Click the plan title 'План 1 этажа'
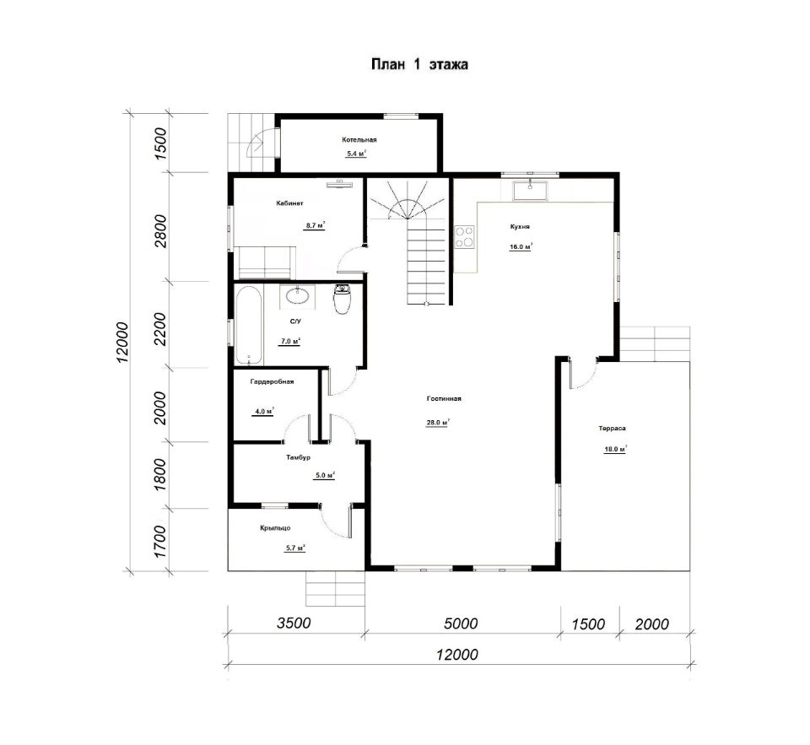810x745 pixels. coord(419,65)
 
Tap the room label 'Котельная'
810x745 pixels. coord(359,139)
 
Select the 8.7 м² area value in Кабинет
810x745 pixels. coord(315,225)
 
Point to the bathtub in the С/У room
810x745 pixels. coord(249,326)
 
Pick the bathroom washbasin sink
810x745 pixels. coord(298,296)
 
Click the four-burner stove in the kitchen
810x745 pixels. coord(464,237)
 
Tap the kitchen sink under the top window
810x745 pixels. coord(530,190)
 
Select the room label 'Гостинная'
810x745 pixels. coord(444,398)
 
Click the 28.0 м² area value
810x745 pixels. coord(437,422)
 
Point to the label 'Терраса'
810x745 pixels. coord(613,429)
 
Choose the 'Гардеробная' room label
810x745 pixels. coord(272,382)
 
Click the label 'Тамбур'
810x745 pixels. coord(298,457)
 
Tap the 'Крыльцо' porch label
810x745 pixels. coord(275,528)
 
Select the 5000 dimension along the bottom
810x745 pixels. coord(461,624)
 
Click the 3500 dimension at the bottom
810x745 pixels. coord(294,623)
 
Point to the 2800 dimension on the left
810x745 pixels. coord(161,231)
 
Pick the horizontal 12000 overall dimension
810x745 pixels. coord(456,655)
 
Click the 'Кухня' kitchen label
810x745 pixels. coord(520,226)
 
